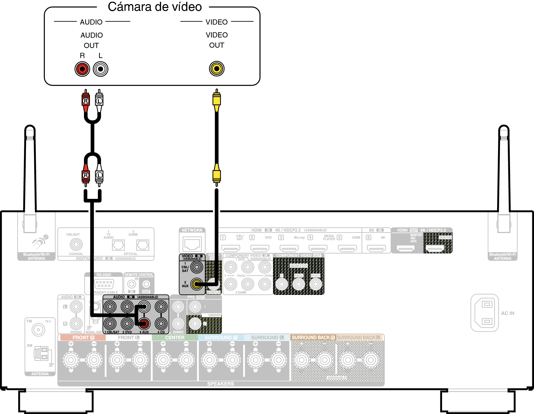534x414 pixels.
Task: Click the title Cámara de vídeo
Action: click(155, 7)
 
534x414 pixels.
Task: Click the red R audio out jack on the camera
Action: click(82, 69)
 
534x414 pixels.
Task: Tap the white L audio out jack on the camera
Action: click(101, 69)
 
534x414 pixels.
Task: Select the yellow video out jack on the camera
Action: click(217, 69)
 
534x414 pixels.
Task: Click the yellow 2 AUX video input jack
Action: click(196, 284)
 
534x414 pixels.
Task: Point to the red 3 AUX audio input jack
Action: click(144, 324)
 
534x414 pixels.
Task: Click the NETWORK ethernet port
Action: click(192, 244)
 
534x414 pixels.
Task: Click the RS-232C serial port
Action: click(104, 284)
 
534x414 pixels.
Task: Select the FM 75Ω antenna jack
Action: click(38, 330)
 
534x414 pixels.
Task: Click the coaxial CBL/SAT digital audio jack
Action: click(76, 244)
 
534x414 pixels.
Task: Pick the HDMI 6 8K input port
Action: click(376, 248)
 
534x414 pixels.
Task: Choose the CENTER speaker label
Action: click(175, 338)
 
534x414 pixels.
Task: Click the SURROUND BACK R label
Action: click(313, 338)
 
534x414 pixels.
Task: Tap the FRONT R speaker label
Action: click(83, 338)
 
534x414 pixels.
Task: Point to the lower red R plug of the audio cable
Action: click(86, 175)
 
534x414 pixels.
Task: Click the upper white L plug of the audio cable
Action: click(99, 101)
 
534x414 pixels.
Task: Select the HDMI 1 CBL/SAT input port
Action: click(230, 248)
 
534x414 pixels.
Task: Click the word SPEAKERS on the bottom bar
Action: click(220, 384)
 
